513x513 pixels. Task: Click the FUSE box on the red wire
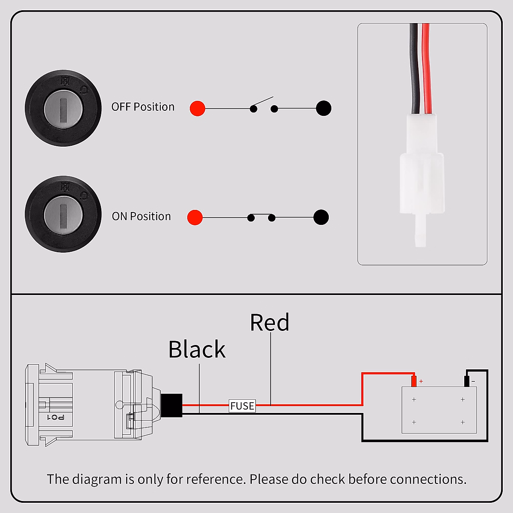click(x=242, y=406)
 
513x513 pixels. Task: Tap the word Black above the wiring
click(x=197, y=349)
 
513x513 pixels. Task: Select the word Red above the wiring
click(x=269, y=322)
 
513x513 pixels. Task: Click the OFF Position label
click(x=143, y=107)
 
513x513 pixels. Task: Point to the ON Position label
click(x=141, y=216)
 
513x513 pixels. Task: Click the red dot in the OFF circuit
click(x=198, y=108)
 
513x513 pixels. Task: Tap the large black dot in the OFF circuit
click(x=324, y=108)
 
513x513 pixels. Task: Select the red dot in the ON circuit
click(x=195, y=217)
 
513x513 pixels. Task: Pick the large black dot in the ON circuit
click(x=321, y=217)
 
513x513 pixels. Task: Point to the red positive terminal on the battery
click(x=414, y=380)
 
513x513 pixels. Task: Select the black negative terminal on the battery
click(x=467, y=381)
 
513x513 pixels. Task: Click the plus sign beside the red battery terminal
click(x=421, y=381)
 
